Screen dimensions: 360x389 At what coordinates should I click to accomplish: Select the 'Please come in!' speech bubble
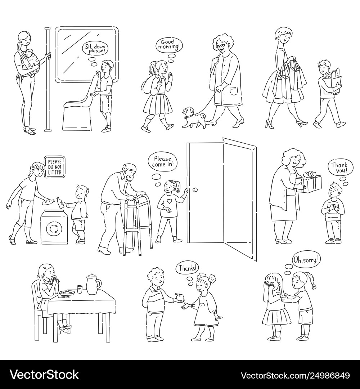[x=163, y=161]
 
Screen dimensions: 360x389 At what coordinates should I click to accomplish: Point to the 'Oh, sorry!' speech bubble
[x=305, y=260]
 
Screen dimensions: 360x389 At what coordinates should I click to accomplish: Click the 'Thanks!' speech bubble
[x=188, y=268]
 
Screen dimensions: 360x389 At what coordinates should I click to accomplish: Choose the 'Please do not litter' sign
[x=55, y=167]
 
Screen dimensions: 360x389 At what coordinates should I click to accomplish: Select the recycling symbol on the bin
[x=53, y=228]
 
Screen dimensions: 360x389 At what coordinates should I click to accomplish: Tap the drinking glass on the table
[x=80, y=289]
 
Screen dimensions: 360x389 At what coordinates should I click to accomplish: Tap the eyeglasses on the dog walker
[x=220, y=46]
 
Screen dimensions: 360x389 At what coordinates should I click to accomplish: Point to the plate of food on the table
[x=67, y=293]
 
